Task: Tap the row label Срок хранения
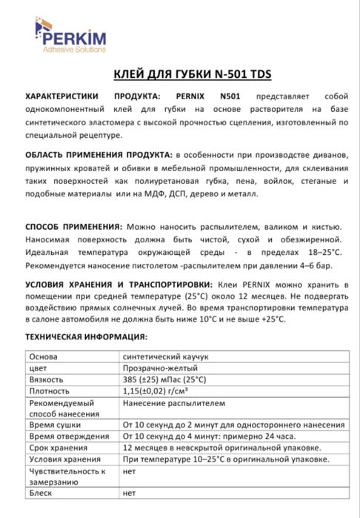point(58,448)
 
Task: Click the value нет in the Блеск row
point(130,492)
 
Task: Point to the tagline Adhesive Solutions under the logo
point(73,49)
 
